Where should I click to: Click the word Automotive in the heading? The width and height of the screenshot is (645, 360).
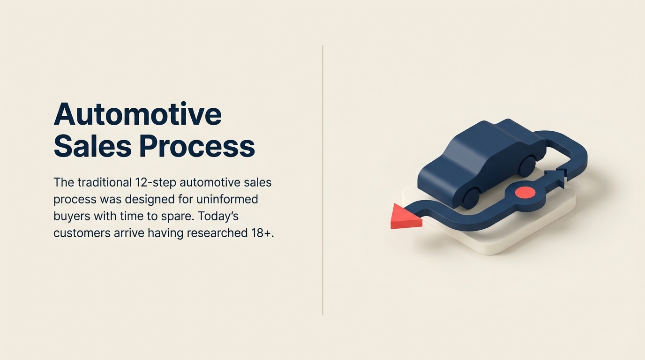(x=137, y=114)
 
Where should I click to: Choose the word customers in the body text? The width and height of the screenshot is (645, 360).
(x=81, y=233)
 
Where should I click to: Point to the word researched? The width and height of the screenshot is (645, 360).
(x=212, y=233)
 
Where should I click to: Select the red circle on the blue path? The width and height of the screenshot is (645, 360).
(x=525, y=192)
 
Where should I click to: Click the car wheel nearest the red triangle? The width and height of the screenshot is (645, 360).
(x=470, y=198)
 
